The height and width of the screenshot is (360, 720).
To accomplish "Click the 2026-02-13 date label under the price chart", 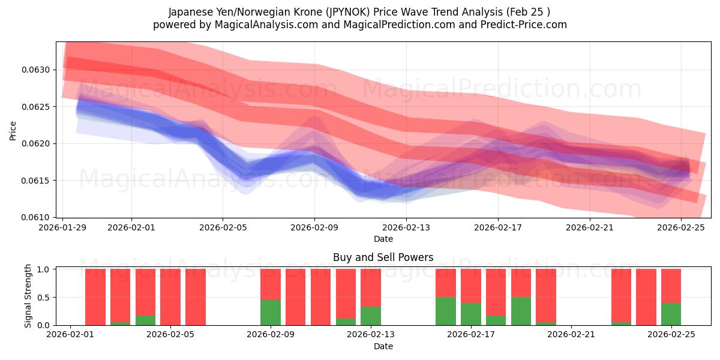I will click(406, 227).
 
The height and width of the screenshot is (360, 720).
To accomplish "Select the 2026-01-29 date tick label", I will click(63, 227).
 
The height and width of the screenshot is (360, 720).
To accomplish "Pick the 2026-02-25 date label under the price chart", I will click(681, 227).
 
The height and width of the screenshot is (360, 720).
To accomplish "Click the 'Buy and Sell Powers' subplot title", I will click(383, 258).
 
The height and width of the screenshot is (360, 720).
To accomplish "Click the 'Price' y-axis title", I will click(13, 130).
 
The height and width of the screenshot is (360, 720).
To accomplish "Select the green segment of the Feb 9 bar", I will click(271, 312).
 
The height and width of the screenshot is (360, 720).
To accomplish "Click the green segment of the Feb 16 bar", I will click(446, 311).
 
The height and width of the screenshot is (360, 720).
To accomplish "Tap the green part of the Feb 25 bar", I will click(671, 314).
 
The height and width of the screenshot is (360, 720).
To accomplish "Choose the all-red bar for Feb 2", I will click(95, 297).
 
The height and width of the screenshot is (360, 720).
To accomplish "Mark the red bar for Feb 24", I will click(646, 297).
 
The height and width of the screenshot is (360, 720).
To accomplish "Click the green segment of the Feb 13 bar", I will click(371, 316).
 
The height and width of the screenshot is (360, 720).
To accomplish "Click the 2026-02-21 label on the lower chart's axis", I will click(571, 335).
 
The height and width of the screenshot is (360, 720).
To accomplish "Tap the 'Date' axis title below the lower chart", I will click(383, 346).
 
